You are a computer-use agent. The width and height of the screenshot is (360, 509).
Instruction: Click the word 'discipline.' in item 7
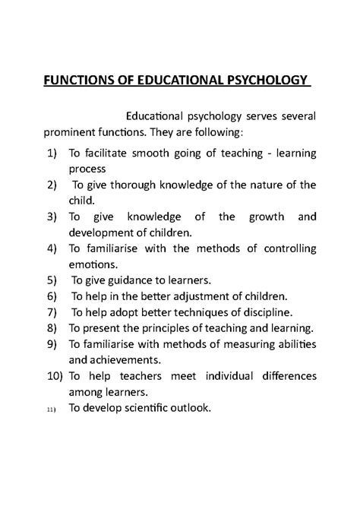click(x=271, y=311)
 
